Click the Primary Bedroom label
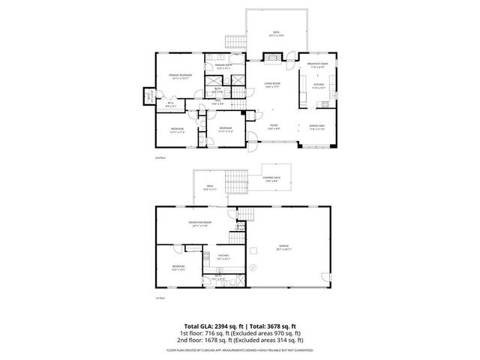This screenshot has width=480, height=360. pos(180,76)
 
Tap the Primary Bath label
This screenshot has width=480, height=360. pos(224,67)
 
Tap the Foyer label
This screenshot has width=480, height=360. pos(274,127)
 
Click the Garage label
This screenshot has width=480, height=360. pos(284,247)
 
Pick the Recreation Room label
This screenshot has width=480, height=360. pos(199,224)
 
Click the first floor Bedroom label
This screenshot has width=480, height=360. pos(178,267)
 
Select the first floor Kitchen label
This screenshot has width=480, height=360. pos(223,257)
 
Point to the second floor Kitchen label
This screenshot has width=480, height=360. pos(318,86)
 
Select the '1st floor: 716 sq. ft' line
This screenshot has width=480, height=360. pos(240,333)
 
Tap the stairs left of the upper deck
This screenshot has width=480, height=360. pos(237,43)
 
